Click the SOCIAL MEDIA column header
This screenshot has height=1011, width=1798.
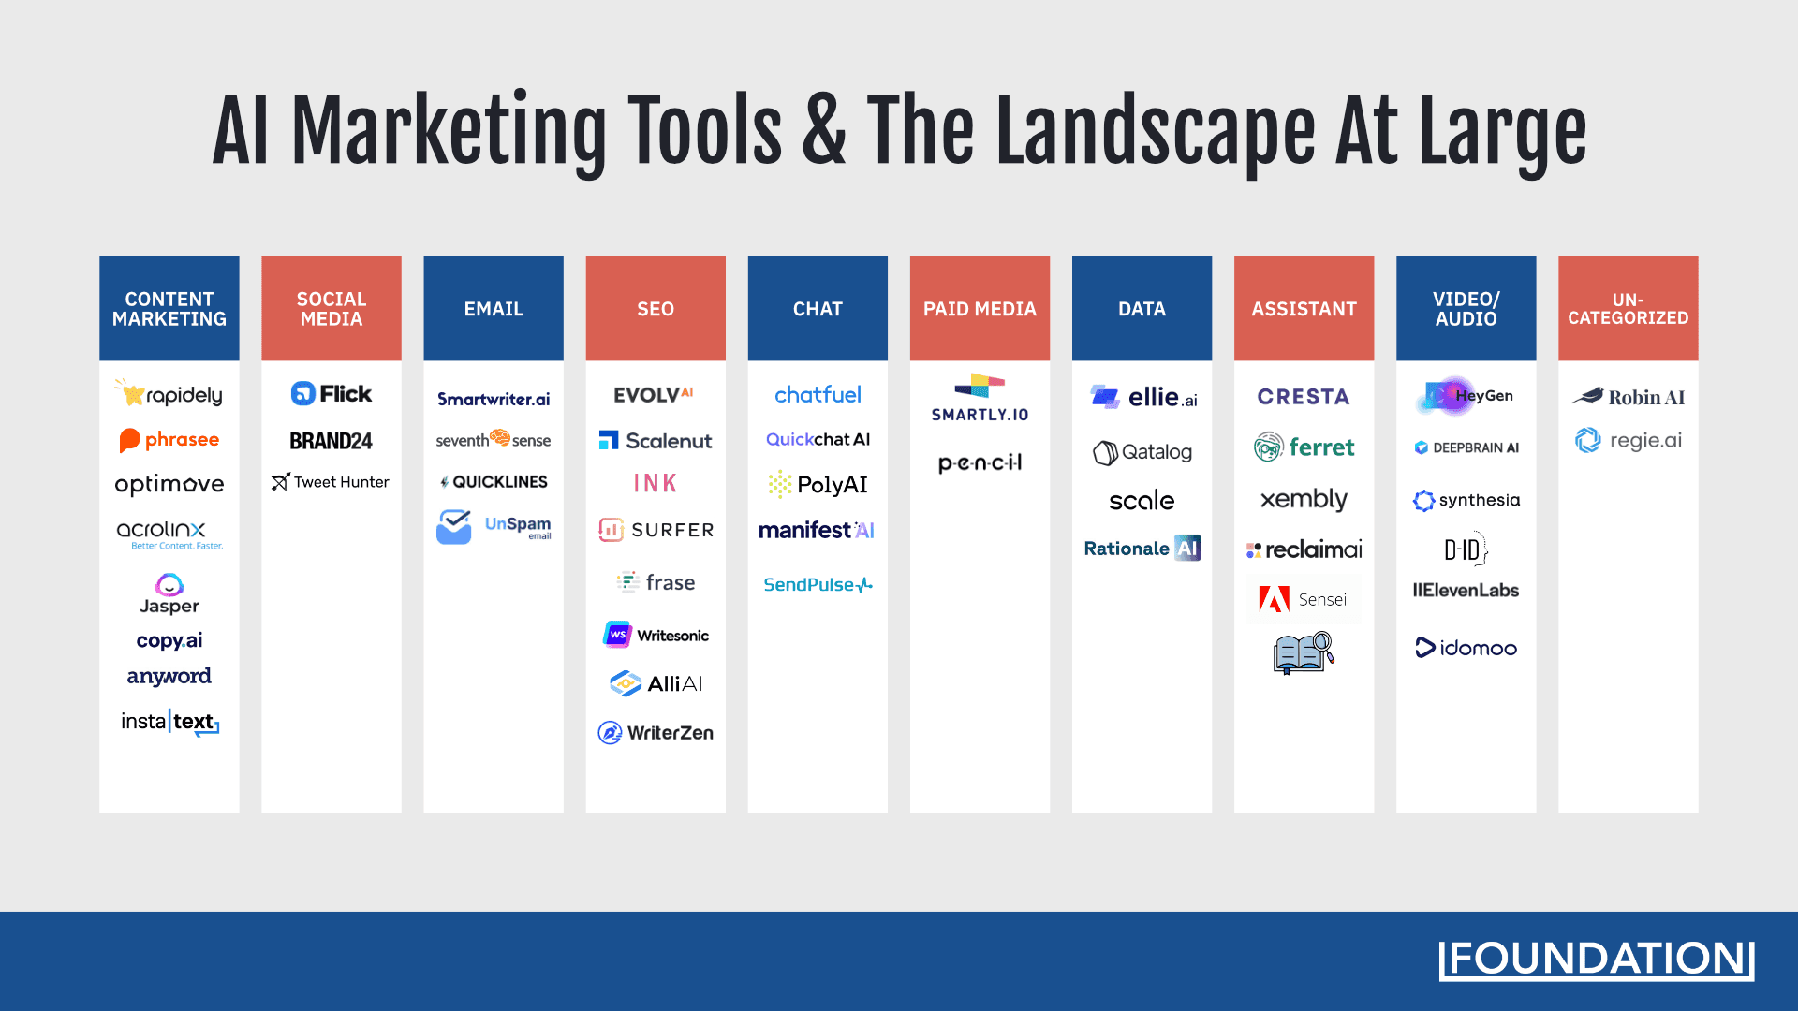(331, 309)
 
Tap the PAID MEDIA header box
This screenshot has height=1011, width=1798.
(980, 309)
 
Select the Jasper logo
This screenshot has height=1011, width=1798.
(169, 594)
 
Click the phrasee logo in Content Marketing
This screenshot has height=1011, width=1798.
(169, 440)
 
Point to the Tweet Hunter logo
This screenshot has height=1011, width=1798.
(331, 482)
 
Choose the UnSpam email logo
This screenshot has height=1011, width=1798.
(494, 527)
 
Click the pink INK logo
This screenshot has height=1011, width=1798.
(655, 483)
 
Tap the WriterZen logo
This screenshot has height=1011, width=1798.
(656, 733)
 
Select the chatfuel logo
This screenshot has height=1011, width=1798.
(818, 395)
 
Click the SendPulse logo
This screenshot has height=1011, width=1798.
(818, 585)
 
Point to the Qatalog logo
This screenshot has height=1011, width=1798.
(1142, 452)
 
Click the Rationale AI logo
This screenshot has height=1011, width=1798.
(1142, 549)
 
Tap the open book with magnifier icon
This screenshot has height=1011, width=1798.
(1303, 652)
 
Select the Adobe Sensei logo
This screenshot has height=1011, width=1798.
(1303, 599)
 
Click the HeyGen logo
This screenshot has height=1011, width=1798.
(1465, 396)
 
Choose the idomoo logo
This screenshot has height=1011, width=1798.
(1466, 648)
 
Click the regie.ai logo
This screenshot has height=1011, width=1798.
(1628, 440)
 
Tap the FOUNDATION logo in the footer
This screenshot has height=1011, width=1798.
(1596, 960)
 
